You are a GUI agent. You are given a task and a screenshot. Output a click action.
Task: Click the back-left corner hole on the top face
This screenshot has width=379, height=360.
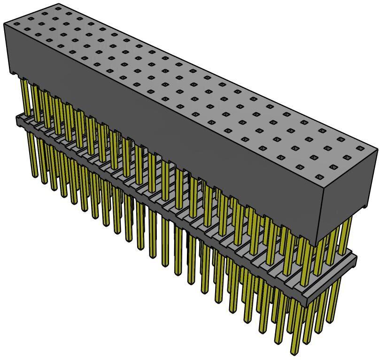[58, 8]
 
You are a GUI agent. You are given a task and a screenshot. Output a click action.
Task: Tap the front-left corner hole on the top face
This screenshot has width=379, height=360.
[16, 23]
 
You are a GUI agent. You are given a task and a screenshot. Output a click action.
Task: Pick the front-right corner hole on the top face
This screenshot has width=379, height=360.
[319, 177]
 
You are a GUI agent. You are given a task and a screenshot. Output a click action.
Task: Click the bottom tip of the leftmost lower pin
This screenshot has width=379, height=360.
[35, 176]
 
